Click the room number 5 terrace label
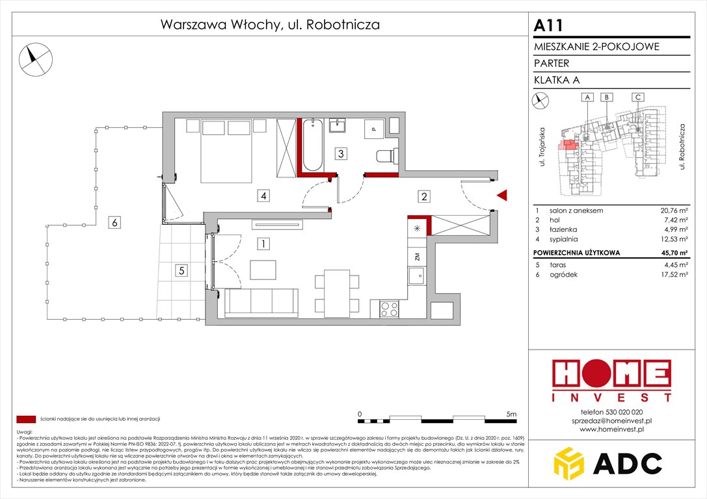(182, 270)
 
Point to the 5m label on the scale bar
(511, 413)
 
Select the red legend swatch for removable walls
(26, 419)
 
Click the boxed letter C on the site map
(638, 97)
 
